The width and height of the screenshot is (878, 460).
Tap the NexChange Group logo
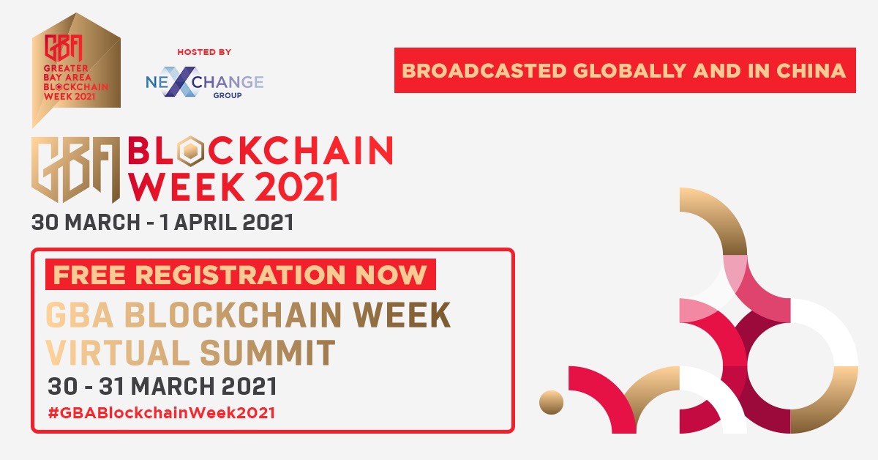click(x=204, y=84)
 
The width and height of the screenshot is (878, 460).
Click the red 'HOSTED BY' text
click(x=204, y=52)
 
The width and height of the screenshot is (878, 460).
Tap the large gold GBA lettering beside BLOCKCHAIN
click(x=76, y=169)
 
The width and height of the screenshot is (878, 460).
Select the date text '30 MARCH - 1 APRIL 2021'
click(x=162, y=223)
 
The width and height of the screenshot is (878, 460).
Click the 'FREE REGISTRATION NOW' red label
click(x=241, y=275)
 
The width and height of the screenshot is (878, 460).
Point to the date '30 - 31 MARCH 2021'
click(x=162, y=386)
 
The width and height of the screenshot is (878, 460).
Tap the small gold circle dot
click(x=551, y=402)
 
